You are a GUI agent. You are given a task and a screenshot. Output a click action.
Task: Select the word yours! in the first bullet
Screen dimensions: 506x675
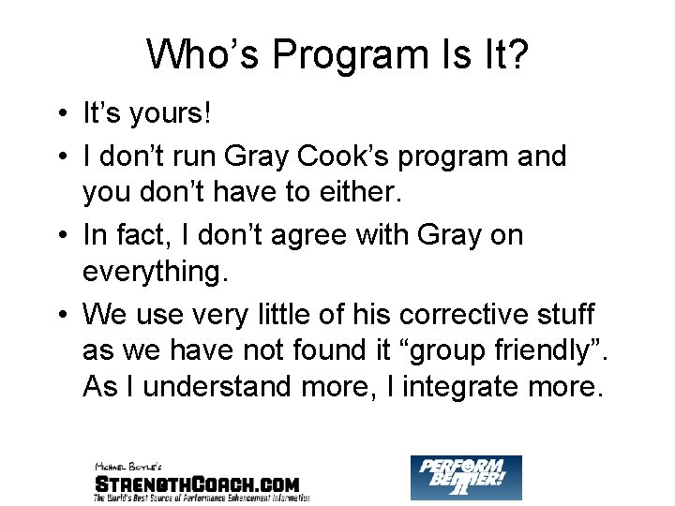(x=173, y=115)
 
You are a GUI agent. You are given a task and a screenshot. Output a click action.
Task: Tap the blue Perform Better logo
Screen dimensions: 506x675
(x=466, y=476)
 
